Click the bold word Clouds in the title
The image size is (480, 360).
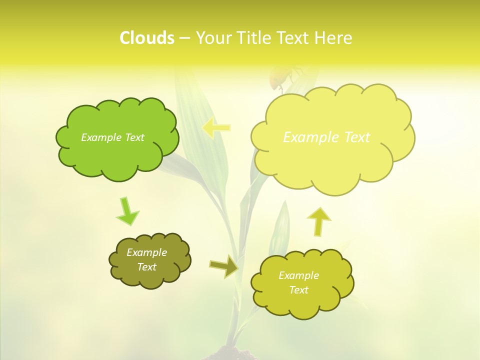[146, 38]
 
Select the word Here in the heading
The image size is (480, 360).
[334, 38]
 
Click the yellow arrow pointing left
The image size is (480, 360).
[216, 128]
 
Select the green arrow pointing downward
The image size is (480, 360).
[127, 211]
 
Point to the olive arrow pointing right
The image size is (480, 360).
[223, 266]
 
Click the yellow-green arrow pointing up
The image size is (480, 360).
[318, 221]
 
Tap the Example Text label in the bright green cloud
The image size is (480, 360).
[112, 137]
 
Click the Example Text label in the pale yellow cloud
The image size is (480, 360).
[326, 137]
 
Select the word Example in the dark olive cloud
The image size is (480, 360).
[146, 252]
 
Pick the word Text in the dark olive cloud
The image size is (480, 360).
[146, 267]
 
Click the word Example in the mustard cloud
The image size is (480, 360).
[298, 275]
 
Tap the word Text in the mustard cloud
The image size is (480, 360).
[298, 290]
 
